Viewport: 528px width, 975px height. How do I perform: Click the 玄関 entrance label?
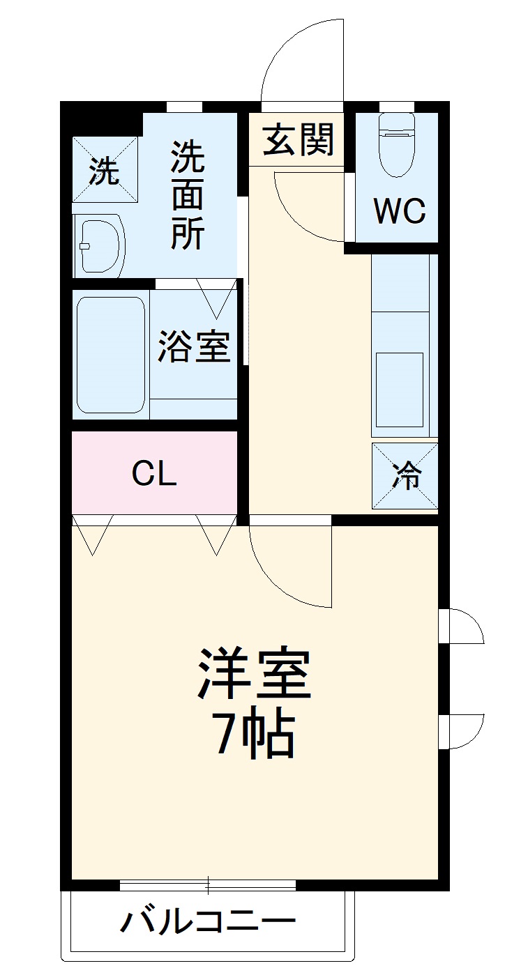pos(299,139)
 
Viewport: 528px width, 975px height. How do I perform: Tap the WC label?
pos(400,210)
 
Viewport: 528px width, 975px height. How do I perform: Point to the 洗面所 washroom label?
pos(188,195)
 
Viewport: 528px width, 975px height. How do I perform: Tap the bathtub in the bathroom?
pos(110,354)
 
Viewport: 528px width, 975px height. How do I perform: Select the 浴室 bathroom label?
pos(193,346)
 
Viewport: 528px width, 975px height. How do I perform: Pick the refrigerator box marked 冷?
pos(405,476)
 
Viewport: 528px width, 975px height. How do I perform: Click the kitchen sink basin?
pos(400,389)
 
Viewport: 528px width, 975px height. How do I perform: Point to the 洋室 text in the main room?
pos(253,675)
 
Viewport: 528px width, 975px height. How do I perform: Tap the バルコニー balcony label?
pos(208,922)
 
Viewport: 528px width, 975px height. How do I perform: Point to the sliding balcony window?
pos(208,885)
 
